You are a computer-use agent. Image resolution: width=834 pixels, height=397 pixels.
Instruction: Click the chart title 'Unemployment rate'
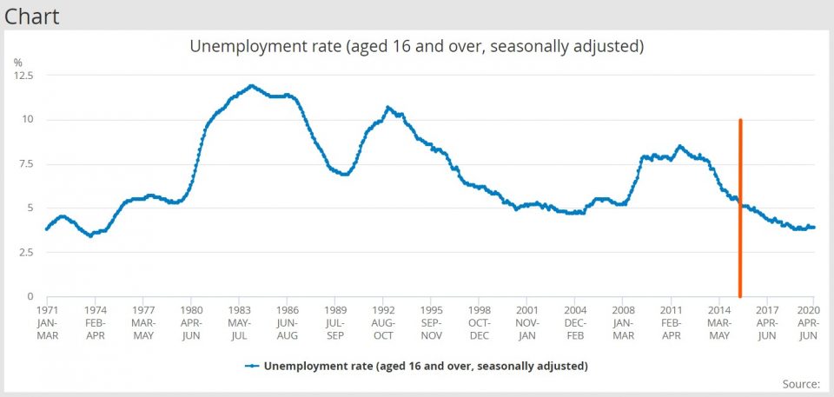416,46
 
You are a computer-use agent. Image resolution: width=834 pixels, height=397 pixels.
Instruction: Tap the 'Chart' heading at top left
32,15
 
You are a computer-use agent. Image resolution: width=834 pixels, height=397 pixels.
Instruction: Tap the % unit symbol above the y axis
17,63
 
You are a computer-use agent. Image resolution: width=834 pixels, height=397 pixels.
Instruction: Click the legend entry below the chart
416,366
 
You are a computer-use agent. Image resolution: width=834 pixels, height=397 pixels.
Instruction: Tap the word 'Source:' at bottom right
801,383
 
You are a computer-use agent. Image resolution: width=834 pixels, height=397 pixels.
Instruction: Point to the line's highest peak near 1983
251,86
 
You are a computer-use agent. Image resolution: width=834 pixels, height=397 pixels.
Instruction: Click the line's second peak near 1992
387,108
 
